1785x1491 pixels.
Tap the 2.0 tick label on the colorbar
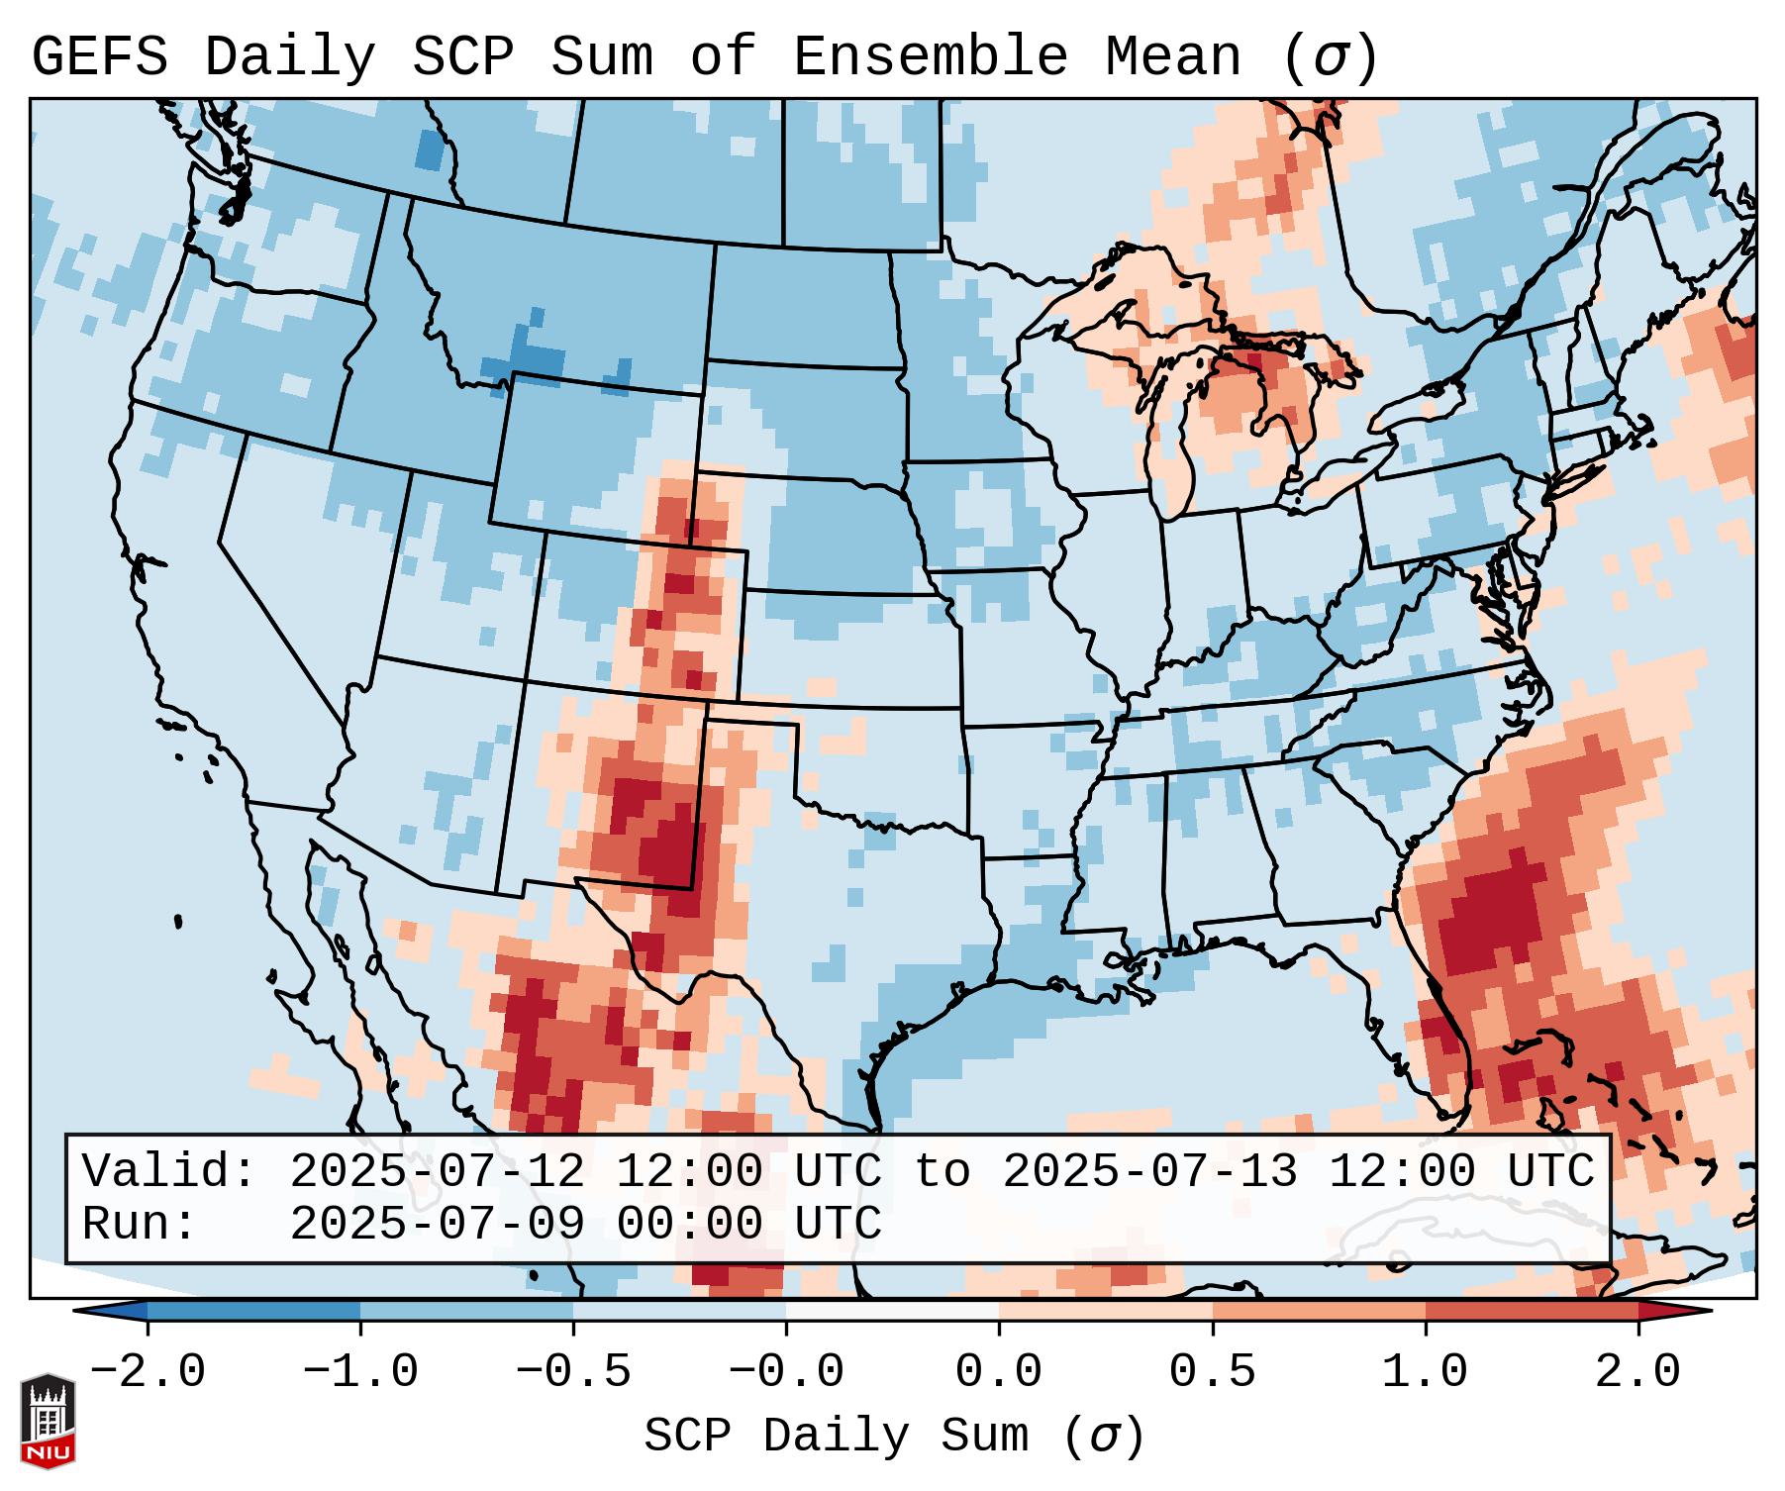1637,1372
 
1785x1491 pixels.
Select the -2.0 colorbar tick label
148,1372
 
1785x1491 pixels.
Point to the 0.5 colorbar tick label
1212,1372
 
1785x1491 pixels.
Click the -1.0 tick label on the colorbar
360,1372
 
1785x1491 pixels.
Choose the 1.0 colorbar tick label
1425,1372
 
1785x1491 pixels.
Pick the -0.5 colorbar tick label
573,1372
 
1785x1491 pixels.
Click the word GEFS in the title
99,57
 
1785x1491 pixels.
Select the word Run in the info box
139,1224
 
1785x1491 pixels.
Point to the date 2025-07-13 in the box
1149,1171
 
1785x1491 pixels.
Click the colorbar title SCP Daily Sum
836,1436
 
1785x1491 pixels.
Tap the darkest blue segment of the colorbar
253,1311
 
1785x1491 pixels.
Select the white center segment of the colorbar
892,1311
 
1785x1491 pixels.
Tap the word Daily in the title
289,57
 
